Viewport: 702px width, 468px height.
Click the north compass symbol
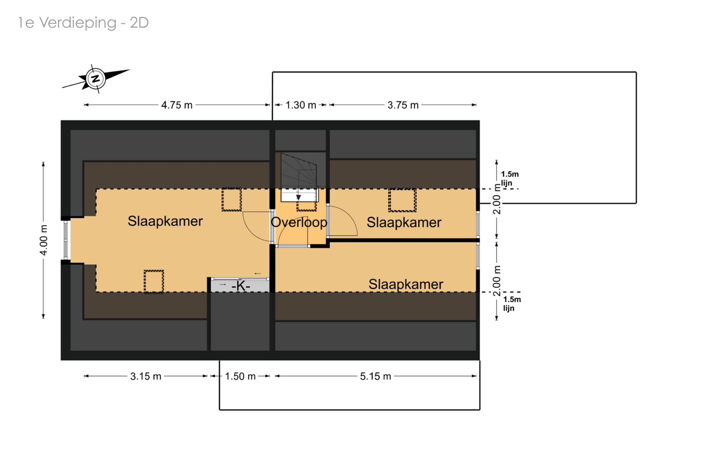[x=95, y=79]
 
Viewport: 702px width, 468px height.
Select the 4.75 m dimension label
[x=177, y=105]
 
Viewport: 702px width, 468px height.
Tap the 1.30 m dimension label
[x=301, y=105]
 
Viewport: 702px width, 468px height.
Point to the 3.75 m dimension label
[x=403, y=105]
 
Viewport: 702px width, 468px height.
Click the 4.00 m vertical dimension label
[x=44, y=240]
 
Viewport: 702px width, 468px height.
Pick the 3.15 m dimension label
[x=146, y=376]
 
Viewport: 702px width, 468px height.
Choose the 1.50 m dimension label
[x=240, y=376]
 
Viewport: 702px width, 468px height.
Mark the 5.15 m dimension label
[x=375, y=376]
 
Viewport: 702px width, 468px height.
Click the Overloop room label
[x=299, y=222]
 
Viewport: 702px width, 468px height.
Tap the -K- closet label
[x=240, y=286]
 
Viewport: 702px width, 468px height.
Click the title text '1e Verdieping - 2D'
[x=83, y=23]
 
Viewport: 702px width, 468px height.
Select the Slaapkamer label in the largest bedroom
[x=165, y=221]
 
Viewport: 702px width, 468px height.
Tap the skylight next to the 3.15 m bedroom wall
[x=154, y=281]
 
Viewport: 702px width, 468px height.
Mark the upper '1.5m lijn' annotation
[x=509, y=178]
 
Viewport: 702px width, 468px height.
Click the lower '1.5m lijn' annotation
[x=512, y=304]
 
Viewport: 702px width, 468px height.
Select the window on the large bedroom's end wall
[x=66, y=240]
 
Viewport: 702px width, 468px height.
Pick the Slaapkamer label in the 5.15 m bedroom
[x=406, y=284]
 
